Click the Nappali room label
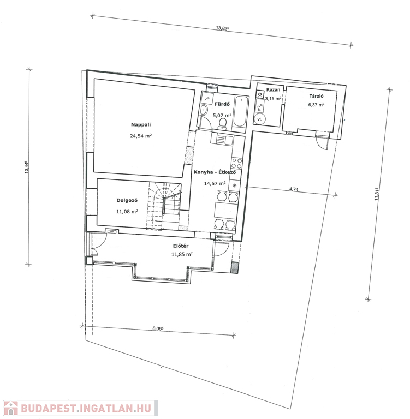141,124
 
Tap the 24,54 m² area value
141,136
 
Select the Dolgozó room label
127,200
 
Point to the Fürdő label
222,104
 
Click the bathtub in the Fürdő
240,111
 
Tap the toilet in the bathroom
223,123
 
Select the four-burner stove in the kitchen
237,163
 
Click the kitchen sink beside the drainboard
229,140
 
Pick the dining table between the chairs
226,210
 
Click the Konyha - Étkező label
215,172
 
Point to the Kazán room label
273,89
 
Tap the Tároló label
317,96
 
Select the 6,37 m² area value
316,105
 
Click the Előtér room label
181,246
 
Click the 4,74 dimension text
294,189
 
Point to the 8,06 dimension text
158,328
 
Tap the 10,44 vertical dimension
26,167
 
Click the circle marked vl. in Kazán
260,119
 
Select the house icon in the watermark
10,408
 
